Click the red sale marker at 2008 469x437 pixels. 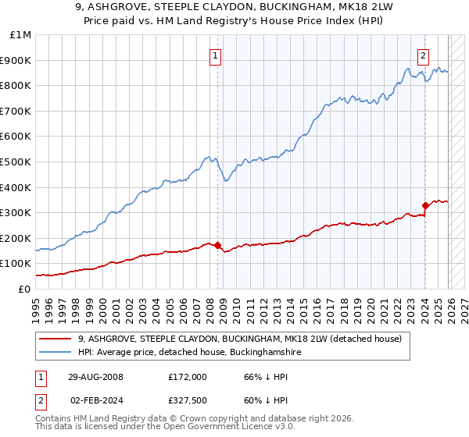[217, 245]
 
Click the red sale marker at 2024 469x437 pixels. [425, 206]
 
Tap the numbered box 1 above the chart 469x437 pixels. [215, 55]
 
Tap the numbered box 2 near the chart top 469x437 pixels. [423, 55]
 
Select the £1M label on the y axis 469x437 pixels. [21, 35]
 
